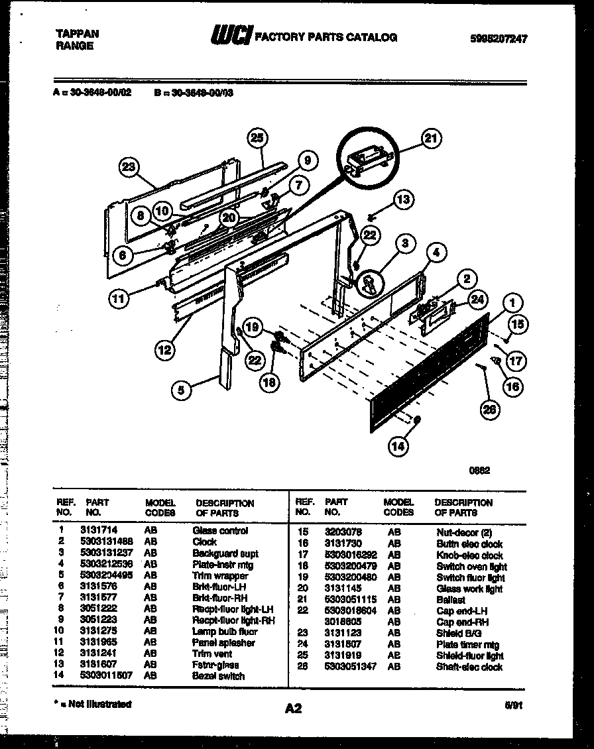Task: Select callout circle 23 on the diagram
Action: pyautogui.click(x=130, y=168)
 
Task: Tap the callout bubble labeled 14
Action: pyautogui.click(x=396, y=446)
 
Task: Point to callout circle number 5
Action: pyautogui.click(x=180, y=391)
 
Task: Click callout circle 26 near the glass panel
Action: pyautogui.click(x=489, y=410)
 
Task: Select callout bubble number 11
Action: pyautogui.click(x=118, y=298)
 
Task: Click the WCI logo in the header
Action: pyautogui.click(x=230, y=37)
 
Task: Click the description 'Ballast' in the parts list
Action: pyautogui.click(x=451, y=600)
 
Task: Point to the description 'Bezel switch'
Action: pyautogui.click(x=218, y=676)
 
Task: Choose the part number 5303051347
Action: pyautogui.click(x=350, y=667)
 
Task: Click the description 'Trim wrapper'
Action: pyautogui.click(x=220, y=576)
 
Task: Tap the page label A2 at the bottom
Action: pyautogui.click(x=293, y=709)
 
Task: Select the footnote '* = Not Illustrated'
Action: pyautogui.click(x=93, y=704)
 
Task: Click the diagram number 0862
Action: pyautogui.click(x=479, y=471)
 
